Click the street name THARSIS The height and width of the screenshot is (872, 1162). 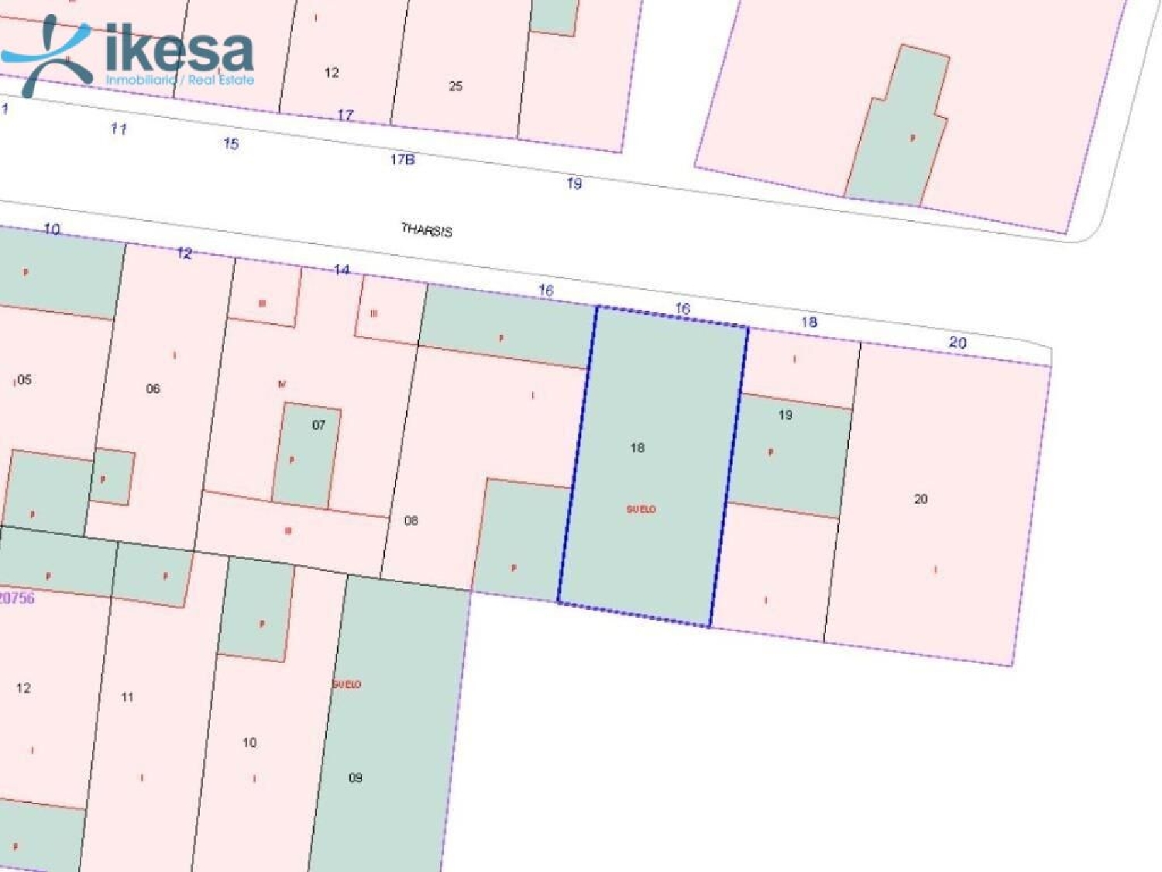[x=427, y=229]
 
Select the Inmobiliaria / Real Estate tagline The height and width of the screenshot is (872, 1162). [x=180, y=80]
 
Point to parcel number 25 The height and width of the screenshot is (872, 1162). [x=456, y=86]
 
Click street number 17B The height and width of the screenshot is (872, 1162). [x=402, y=160]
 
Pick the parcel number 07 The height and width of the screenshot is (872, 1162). [x=318, y=425]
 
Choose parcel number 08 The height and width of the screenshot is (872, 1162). [x=411, y=520]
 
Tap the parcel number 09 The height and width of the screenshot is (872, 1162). [x=356, y=777]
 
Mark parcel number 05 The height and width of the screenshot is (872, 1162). [x=24, y=380]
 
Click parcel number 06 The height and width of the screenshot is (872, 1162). [x=153, y=388]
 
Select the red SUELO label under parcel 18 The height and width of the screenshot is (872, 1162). [x=641, y=509]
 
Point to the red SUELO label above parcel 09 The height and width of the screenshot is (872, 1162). [x=346, y=684]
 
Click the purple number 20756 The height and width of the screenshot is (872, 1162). [x=17, y=598]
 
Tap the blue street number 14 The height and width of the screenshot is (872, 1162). [x=342, y=270]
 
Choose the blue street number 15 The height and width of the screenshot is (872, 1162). [x=231, y=143]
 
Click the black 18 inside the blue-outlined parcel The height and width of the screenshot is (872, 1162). [x=638, y=447]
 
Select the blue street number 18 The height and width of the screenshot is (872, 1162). [x=809, y=322]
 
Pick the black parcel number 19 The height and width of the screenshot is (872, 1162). [x=786, y=415]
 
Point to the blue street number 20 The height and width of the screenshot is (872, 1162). [x=957, y=343]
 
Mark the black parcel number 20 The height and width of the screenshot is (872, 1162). [x=921, y=499]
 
